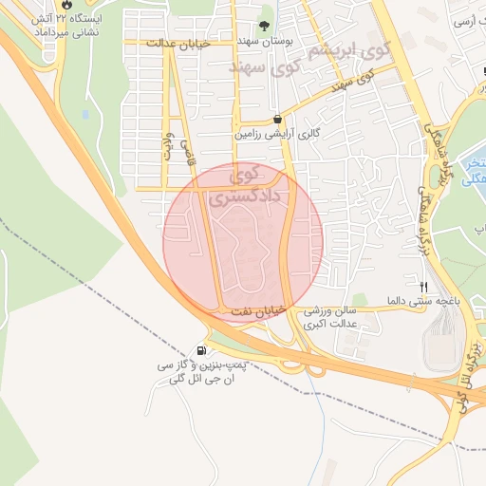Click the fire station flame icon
[x=65, y=5]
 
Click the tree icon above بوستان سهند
[x=264, y=27]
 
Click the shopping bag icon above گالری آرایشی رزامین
[x=276, y=120]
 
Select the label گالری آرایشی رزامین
[x=275, y=136]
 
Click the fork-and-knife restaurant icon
[x=424, y=285]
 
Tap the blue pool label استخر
[x=473, y=168]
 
